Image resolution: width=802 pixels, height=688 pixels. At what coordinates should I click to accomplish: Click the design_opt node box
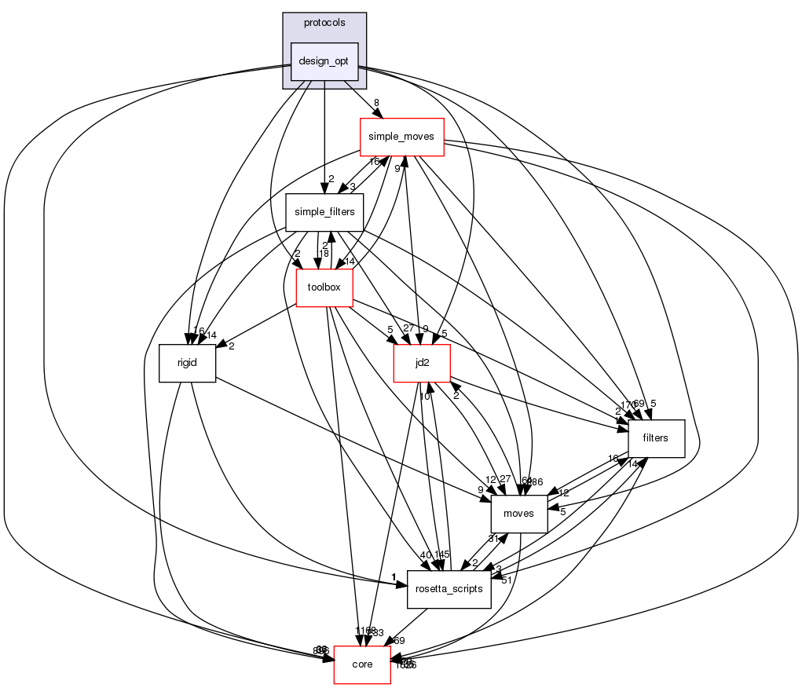(324, 61)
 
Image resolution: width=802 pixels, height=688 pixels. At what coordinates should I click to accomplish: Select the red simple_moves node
(401, 137)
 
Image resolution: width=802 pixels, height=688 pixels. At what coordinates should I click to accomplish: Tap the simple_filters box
(324, 212)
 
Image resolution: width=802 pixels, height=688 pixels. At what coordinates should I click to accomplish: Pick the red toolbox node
(324, 287)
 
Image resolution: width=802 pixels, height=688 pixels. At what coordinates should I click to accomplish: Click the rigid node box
(187, 363)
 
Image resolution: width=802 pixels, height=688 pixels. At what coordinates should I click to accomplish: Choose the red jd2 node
(422, 363)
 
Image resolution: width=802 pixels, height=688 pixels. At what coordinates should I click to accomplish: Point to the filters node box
(655, 438)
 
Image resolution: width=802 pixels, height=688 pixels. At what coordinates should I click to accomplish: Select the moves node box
(518, 514)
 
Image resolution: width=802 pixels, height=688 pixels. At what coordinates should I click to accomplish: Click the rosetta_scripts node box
(449, 589)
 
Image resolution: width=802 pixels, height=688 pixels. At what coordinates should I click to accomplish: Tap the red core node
(362, 664)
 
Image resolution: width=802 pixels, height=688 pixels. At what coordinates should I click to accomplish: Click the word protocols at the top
(324, 23)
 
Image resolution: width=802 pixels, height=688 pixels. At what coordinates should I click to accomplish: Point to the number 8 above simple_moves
(376, 103)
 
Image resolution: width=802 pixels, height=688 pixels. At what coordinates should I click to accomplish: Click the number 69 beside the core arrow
(399, 641)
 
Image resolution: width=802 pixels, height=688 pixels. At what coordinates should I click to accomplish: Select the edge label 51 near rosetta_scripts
(507, 580)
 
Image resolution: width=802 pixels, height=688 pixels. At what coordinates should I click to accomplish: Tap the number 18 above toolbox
(323, 253)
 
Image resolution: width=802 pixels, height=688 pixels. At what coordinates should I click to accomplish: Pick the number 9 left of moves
(480, 490)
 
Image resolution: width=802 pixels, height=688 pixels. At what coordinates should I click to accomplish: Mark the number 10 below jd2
(423, 396)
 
